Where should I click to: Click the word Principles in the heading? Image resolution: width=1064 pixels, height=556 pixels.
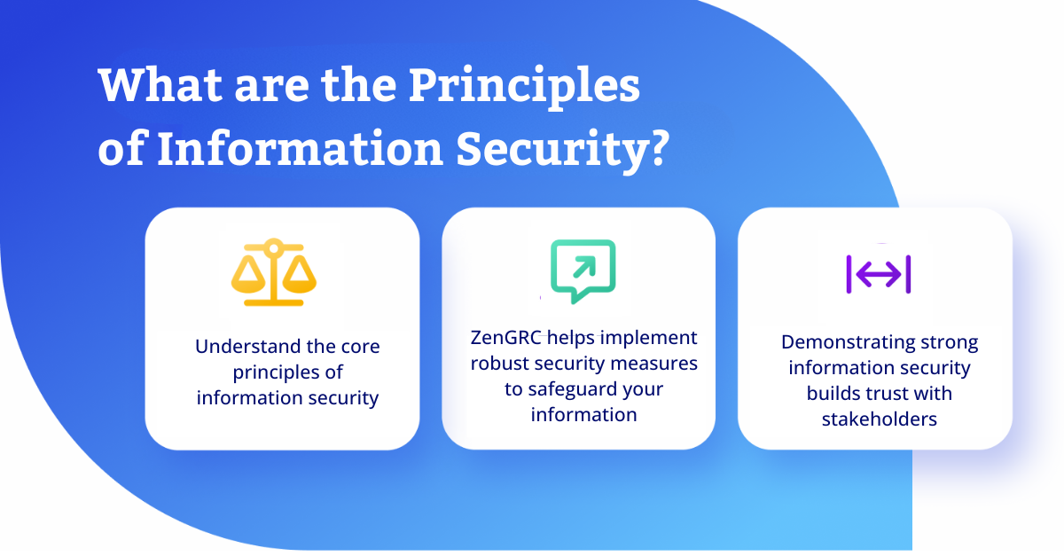(x=524, y=87)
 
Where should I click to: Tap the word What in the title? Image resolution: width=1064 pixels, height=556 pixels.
(x=160, y=84)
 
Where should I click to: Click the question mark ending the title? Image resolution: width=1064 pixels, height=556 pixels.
(x=661, y=147)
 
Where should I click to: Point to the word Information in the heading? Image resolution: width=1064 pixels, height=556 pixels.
(x=301, y=148)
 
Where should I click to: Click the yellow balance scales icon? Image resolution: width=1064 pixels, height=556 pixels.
(x=274, y=272)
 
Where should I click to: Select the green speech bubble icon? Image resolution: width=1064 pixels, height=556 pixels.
(x=583, y=270)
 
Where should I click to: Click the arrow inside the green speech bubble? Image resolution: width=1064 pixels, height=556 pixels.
(x=584, y=267)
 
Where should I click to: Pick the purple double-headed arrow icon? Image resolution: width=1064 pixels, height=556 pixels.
(x=879, y=274)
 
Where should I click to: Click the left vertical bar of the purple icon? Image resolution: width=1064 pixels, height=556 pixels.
(x=849, y=274)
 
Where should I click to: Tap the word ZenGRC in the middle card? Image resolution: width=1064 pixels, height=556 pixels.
(x=506, y=338)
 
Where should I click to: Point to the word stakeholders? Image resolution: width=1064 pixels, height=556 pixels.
(x=880, y=419)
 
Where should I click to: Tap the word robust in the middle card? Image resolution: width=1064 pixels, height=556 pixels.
(x=499, y=364)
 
